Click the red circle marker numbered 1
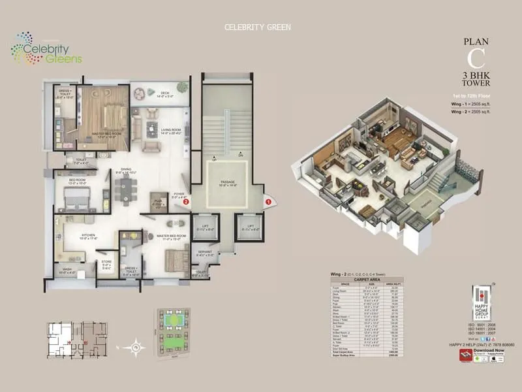point(268,203)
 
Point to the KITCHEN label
point(89,237)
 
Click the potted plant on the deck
point(139,93)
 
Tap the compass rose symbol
point(135,347)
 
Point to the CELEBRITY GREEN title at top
point(257,27)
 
